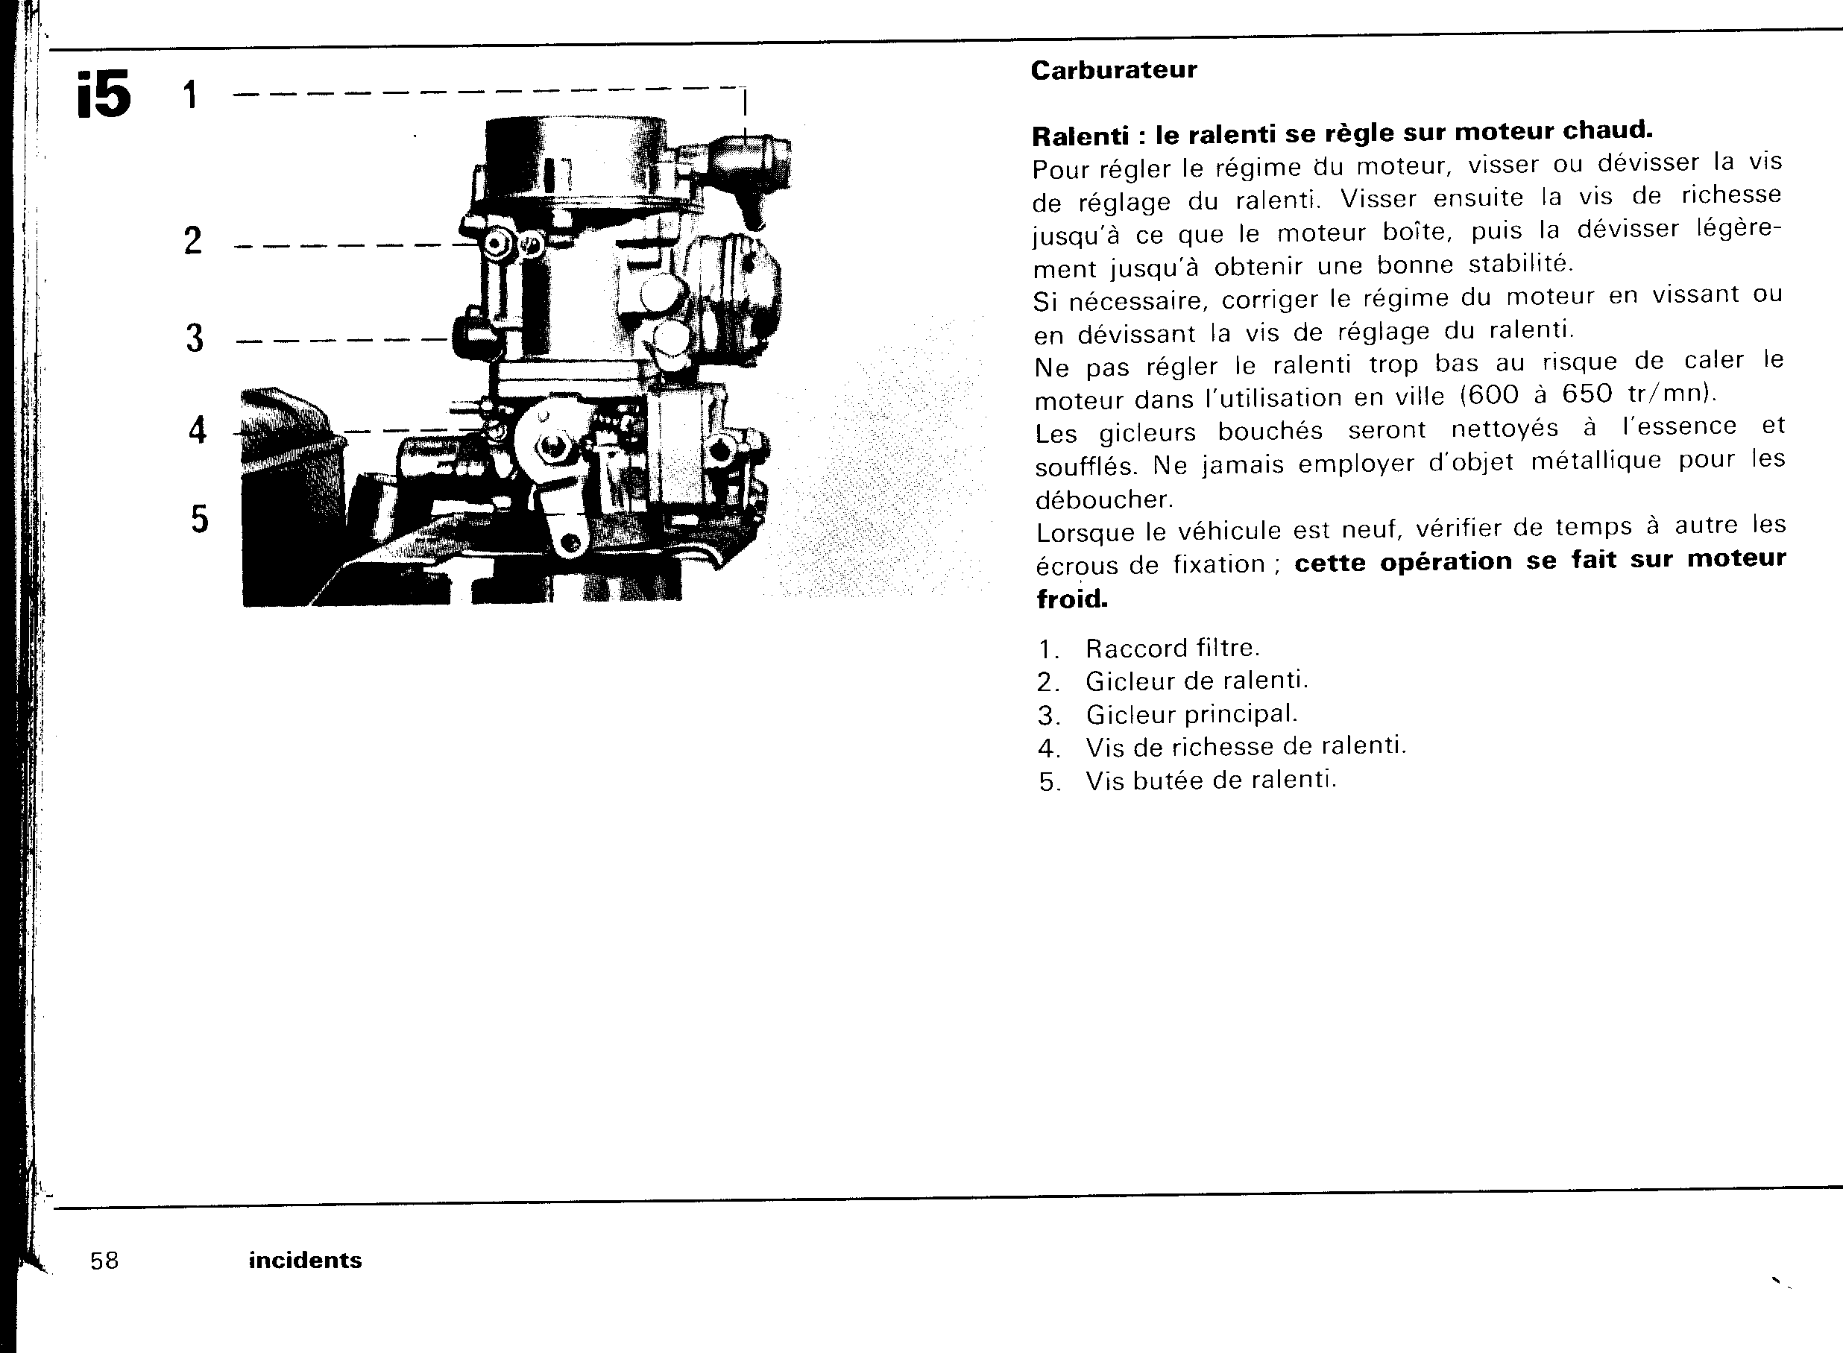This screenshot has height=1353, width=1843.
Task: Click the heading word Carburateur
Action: pos(1113,70)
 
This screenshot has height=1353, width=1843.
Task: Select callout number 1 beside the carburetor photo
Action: pos(190,95)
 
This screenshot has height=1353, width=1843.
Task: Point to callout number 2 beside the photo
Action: pos(192,241)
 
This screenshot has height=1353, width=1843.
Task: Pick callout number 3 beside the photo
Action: pos(194,338)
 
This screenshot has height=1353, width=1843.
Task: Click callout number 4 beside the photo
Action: pos(198,431)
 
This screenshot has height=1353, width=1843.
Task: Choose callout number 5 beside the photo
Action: pos(200,520)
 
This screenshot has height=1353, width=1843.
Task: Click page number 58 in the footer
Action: pos(105,1261)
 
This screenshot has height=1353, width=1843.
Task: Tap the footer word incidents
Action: pos(305,1261)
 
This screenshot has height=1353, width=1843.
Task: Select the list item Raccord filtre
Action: pos(1172,649)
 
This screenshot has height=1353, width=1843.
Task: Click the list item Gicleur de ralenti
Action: pos(1197,681)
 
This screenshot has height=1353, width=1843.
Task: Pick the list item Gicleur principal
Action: pos(1192,714)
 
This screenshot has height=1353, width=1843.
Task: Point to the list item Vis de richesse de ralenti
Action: pos(1245,747)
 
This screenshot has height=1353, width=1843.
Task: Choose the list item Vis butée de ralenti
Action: pos(1211,780)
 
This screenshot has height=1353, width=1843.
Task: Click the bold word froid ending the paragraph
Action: pos(1071,599)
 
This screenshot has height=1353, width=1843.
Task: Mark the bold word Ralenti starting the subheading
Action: pos(1079,136)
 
